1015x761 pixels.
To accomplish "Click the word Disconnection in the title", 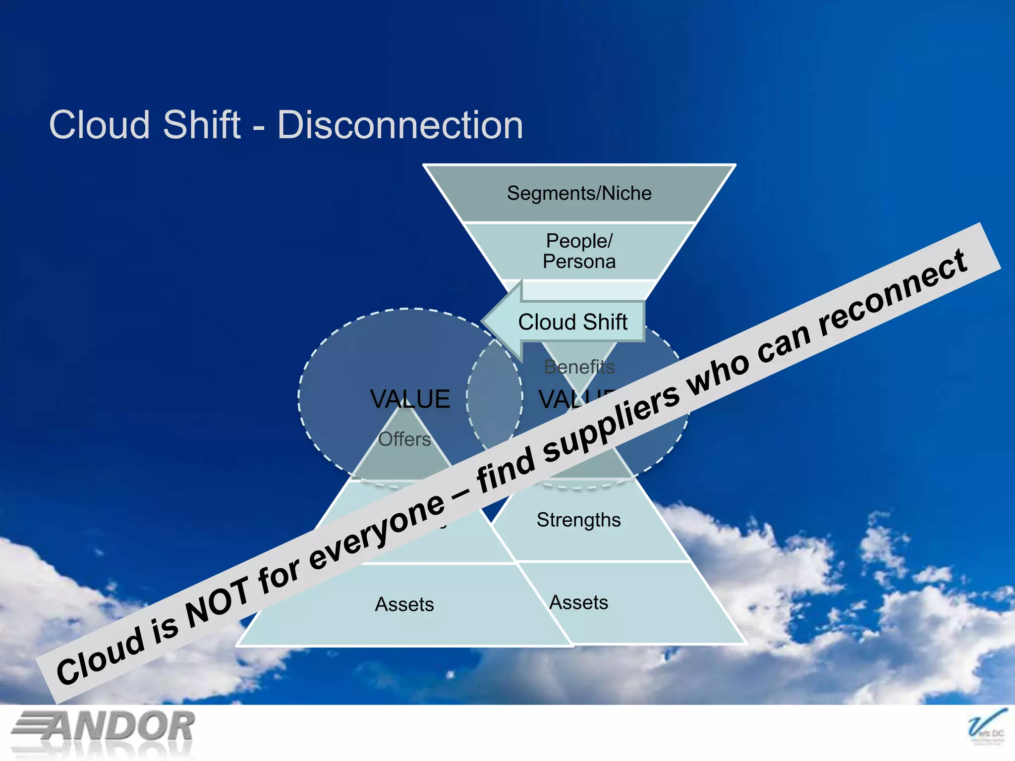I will [x=399, y=125].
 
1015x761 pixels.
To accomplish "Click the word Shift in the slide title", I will [x=201, y=125].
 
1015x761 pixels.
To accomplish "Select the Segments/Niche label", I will [x=579, y=193].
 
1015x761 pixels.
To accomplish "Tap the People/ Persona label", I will [x=579, y=251].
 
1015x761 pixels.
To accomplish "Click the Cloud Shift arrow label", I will [x=572, y=322].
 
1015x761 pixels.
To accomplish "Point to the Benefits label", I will [x=579, y=367].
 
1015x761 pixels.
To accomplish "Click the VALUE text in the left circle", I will [x=410, y=399].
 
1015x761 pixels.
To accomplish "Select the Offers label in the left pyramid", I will [x=404, y=439].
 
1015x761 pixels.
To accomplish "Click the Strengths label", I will [x=578, y=520].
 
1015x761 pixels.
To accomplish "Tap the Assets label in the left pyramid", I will [x=404, y=604].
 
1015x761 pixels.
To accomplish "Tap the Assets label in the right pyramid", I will [x=578, y=602].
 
